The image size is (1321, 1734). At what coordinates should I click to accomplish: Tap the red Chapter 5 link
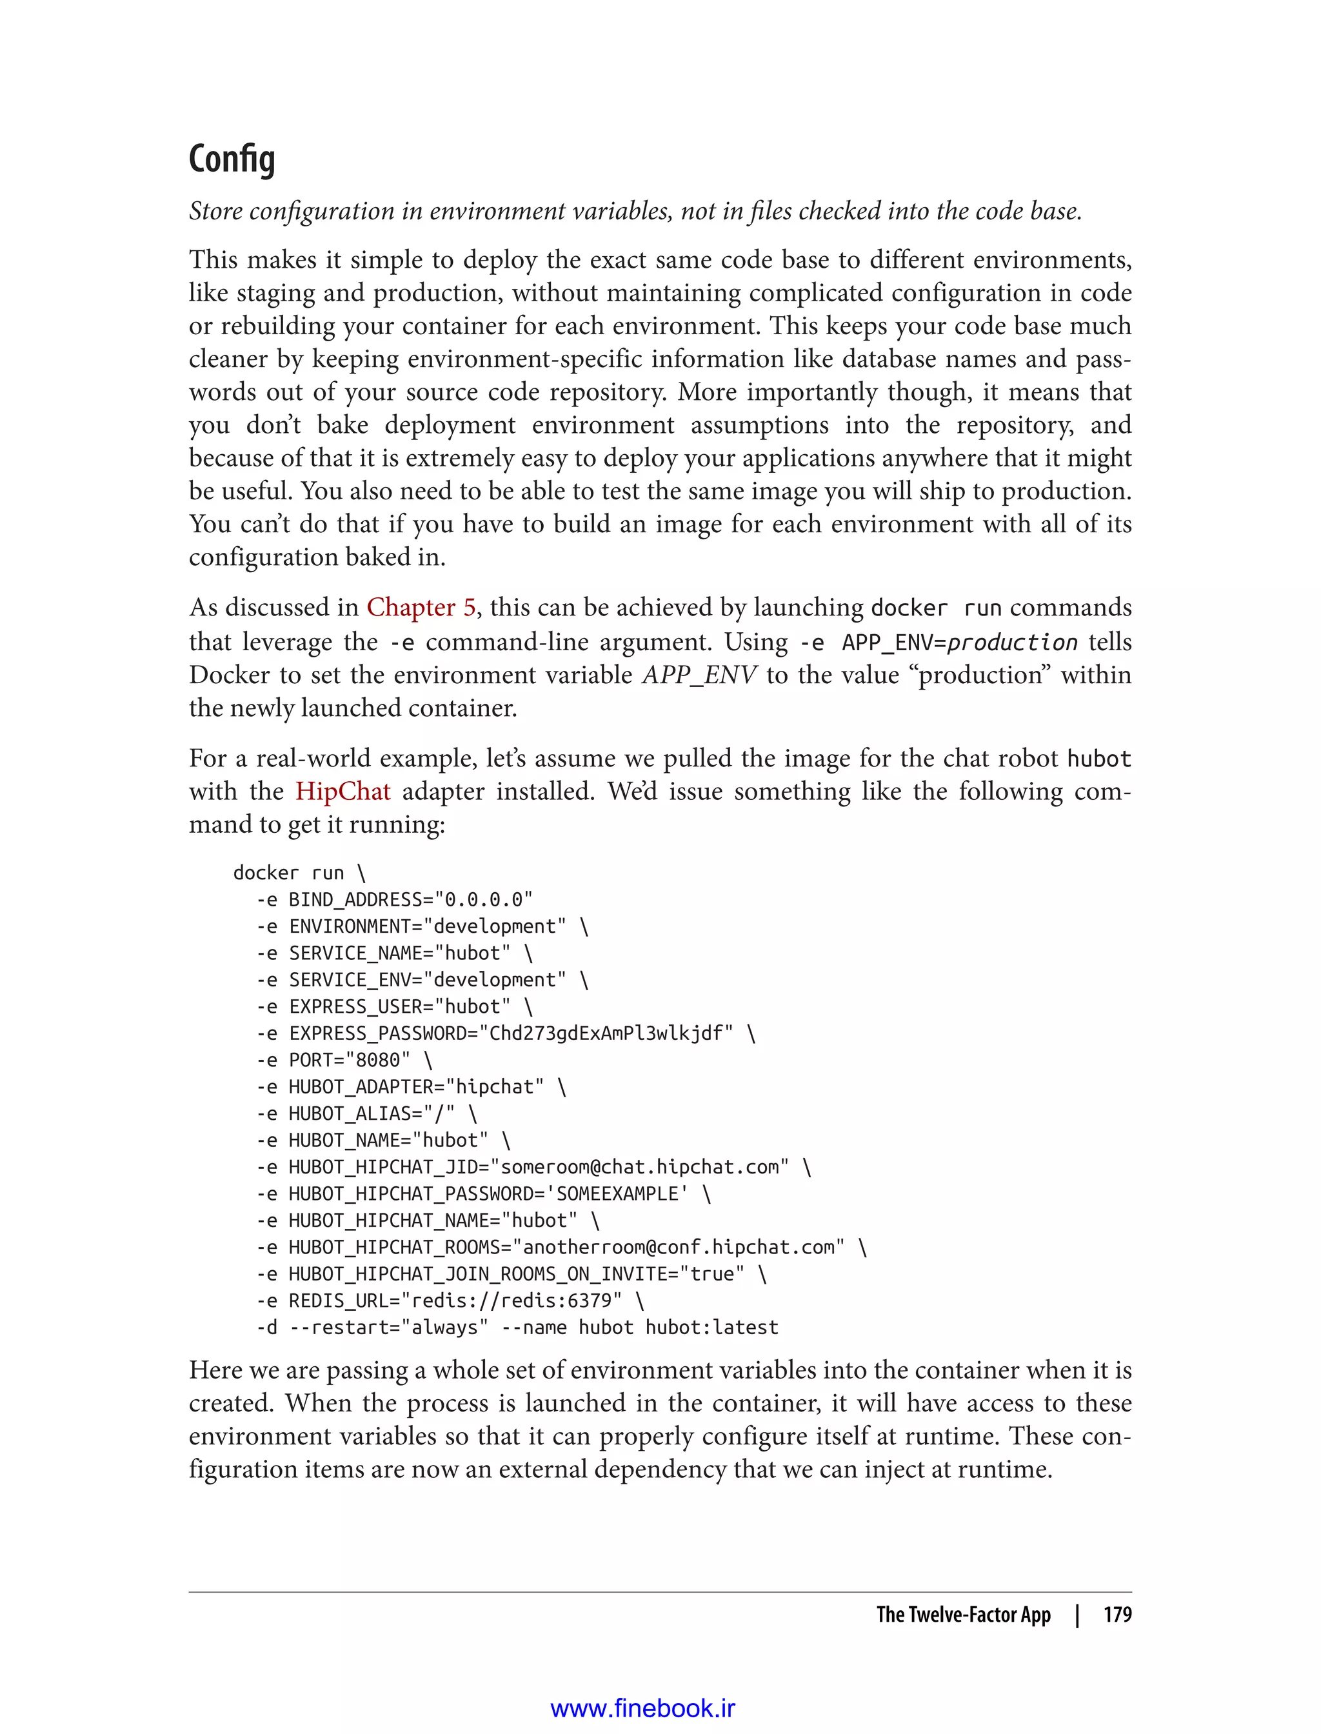(x=421, y=607)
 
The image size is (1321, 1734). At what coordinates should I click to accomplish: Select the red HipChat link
(x=343, y=790)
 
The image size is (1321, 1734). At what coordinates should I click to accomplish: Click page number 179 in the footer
(x=1117, y=1615)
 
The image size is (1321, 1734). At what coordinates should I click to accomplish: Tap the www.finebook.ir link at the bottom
(x=642, y=1708)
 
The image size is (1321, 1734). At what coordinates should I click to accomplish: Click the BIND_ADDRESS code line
(x=395, y=899)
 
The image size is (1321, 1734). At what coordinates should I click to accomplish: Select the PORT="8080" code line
(x=344, y=1059)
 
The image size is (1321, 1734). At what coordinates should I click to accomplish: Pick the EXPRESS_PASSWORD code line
(x=505, y=1033)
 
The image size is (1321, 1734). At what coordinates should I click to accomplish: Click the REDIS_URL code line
(x=450, y=1300)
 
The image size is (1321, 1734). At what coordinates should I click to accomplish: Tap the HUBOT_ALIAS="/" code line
(x=366, y=1113)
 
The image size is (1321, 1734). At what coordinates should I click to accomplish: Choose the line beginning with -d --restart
(x=517, y=1327)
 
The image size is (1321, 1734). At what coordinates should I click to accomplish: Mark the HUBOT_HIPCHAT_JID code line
(x=533, y=1166)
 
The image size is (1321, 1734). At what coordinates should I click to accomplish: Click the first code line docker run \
(x=299, y=872)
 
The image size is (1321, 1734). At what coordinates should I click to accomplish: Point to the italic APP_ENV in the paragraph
(x=700, y=675)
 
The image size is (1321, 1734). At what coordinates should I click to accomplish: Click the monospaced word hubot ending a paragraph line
(x=1098, y=759)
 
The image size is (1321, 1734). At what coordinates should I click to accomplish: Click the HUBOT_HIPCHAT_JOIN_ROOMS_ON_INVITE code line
(x=511, y=1273)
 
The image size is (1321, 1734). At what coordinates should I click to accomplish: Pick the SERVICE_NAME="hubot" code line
(x=395, y=952)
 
